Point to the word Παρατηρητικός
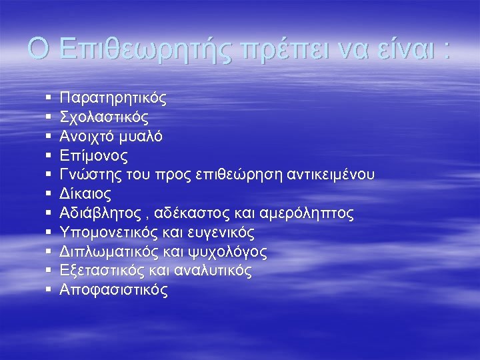(113, 99)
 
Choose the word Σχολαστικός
(104, 118)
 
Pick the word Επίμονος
(94, 156)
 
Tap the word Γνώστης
(88, 175)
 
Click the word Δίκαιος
(85, 195)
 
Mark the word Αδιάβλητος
(100, 213)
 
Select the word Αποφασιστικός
(114, 290)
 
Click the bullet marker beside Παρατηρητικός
(50, 99)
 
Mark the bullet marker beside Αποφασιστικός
(50, 290)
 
